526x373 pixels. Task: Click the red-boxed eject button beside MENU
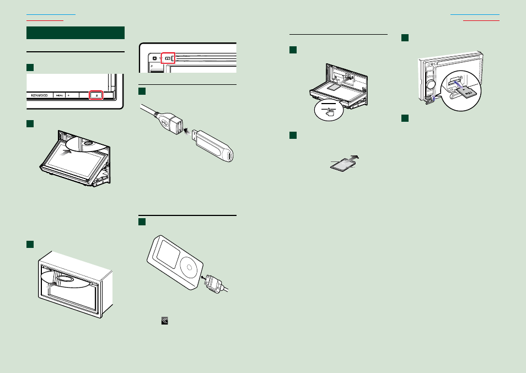96,95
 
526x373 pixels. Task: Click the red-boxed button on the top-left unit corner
167,57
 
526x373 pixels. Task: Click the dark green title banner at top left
76,33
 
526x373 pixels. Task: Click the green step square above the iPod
141,221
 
